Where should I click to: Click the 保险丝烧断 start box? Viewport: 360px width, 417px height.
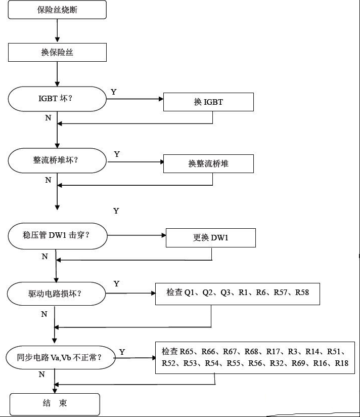(x=57, y=10)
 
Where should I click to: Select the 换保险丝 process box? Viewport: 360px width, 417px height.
(x=57, y=53)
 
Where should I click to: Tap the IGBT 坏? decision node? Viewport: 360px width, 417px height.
(x=57, y=99)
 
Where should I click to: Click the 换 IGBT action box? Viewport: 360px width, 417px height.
(x=208, y=102)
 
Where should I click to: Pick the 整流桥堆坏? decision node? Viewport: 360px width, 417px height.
(x=57, y=160)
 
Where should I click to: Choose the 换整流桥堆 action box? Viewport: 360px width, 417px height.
(x=208, y=163)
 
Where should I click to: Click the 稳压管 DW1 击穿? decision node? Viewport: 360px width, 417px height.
(x=57, y=236)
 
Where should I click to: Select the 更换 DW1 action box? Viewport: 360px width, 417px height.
(x=211, y=238)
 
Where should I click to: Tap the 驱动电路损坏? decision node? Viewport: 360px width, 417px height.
(x=56, y=294)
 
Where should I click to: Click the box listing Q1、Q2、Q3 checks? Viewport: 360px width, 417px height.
(x=238, y=294)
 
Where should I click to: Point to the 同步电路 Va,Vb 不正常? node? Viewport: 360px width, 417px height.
(x=61, y=357)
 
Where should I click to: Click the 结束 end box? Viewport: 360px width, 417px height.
(x=55, y=404)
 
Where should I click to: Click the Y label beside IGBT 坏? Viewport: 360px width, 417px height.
(x=114, y=92)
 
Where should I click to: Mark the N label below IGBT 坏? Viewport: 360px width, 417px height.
(x=48, y=118)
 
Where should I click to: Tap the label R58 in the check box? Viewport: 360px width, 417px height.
(x=302, y=293)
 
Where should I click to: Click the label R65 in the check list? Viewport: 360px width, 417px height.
(x=187, y=352)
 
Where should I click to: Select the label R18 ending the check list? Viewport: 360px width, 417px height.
(x=342, y=363)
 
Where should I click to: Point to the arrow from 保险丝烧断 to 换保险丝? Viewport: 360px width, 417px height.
(x=57, y=31)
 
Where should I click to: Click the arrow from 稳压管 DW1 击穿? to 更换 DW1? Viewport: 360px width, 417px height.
(x=137, y=235)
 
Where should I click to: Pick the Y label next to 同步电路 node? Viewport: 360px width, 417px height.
(x=122, y=352)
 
